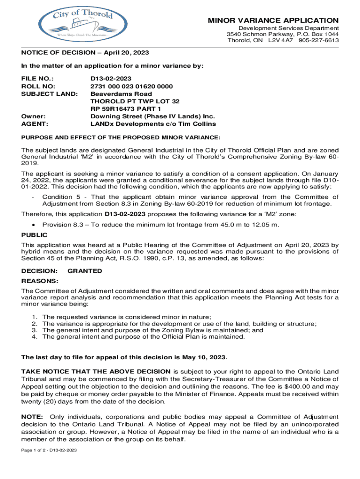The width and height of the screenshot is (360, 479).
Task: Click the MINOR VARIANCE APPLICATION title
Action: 274,21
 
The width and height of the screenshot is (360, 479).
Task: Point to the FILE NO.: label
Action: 37,79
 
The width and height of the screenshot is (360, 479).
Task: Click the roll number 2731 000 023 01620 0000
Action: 131,87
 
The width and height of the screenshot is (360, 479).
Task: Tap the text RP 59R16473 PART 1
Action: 123,109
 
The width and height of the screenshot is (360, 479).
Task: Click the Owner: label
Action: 33,116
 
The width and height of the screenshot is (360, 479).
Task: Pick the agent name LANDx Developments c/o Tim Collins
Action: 153,123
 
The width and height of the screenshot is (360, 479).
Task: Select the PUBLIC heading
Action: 34,236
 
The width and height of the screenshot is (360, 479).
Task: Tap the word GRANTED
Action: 85,271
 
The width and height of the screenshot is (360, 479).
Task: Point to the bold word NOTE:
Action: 32,416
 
